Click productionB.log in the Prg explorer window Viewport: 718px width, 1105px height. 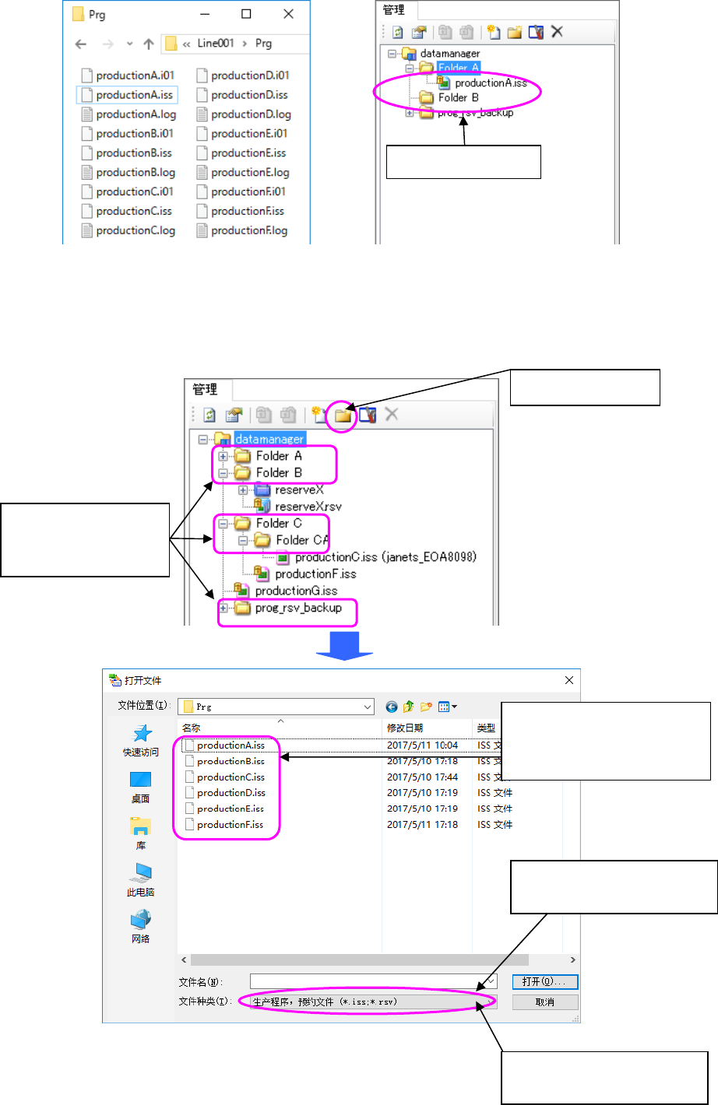tap(136, 173)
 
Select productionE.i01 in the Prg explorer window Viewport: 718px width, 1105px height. tap(248, 134)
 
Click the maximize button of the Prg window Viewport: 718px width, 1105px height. tap(246, 14)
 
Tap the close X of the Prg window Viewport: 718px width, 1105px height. tap(288, 14)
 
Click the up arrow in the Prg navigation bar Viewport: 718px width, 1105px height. tap(149, 44)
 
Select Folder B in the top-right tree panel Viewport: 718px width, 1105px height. tap(458, 98)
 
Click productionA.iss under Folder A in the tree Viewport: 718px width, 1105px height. tap(491, 83)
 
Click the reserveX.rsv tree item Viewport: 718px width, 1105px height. tap(308, 507)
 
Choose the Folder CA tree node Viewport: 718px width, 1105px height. tap(301, 540)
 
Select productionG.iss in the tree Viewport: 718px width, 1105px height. tap(296, 591)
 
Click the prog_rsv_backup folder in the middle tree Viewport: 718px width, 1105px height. tap(298, 608)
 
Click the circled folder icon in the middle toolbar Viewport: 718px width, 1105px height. tap(343, 416)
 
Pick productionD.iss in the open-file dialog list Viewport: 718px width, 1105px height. tap(231, 793)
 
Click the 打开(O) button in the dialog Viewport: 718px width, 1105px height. tap(544, 982)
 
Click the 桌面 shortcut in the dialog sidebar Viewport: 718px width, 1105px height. tap(140, 786)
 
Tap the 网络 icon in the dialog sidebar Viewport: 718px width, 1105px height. tap(140, 926)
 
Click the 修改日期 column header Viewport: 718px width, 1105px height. tap(405, 728)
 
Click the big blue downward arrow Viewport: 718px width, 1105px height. tap(344, 645)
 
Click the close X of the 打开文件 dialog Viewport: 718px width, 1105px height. tap(569, 680)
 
